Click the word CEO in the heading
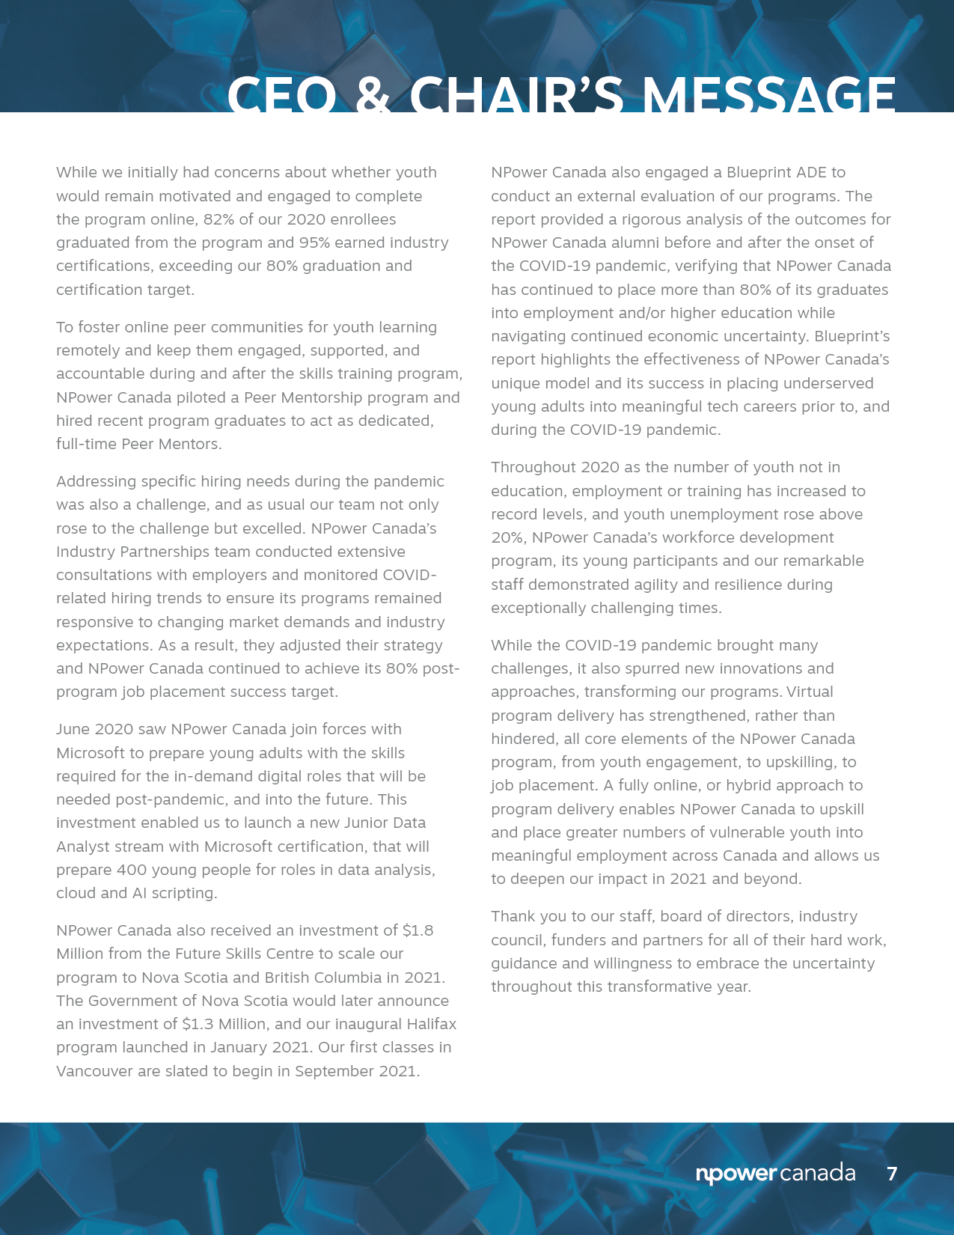281,95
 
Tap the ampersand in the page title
373,95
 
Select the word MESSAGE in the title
769,95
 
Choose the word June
73,729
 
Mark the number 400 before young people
135,870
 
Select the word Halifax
431,1024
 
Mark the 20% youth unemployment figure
508,537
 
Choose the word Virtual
810,692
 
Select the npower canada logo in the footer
775,1173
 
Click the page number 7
891,1174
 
